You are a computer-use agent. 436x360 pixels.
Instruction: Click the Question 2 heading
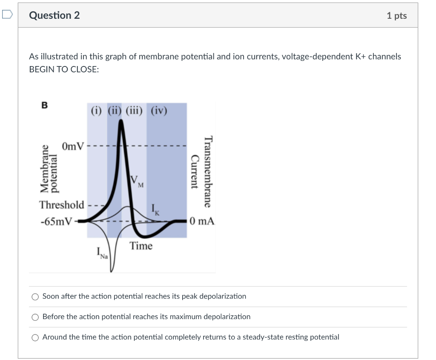(54, 15)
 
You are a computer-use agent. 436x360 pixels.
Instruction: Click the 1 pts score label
(396, 16)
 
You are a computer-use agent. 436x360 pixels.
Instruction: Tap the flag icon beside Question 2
(7, 15)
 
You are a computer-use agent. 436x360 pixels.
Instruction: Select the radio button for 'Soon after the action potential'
(35, 297)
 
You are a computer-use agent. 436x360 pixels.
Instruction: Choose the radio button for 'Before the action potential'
(35, 317)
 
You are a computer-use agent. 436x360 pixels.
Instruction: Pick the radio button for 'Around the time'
(35, 337)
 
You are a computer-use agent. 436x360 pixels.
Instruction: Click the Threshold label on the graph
(62, 204)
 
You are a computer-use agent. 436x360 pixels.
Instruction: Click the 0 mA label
(203, 221)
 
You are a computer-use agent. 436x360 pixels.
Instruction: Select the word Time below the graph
(141, 246)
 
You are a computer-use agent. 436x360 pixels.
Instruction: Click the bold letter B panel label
(44, 106)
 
